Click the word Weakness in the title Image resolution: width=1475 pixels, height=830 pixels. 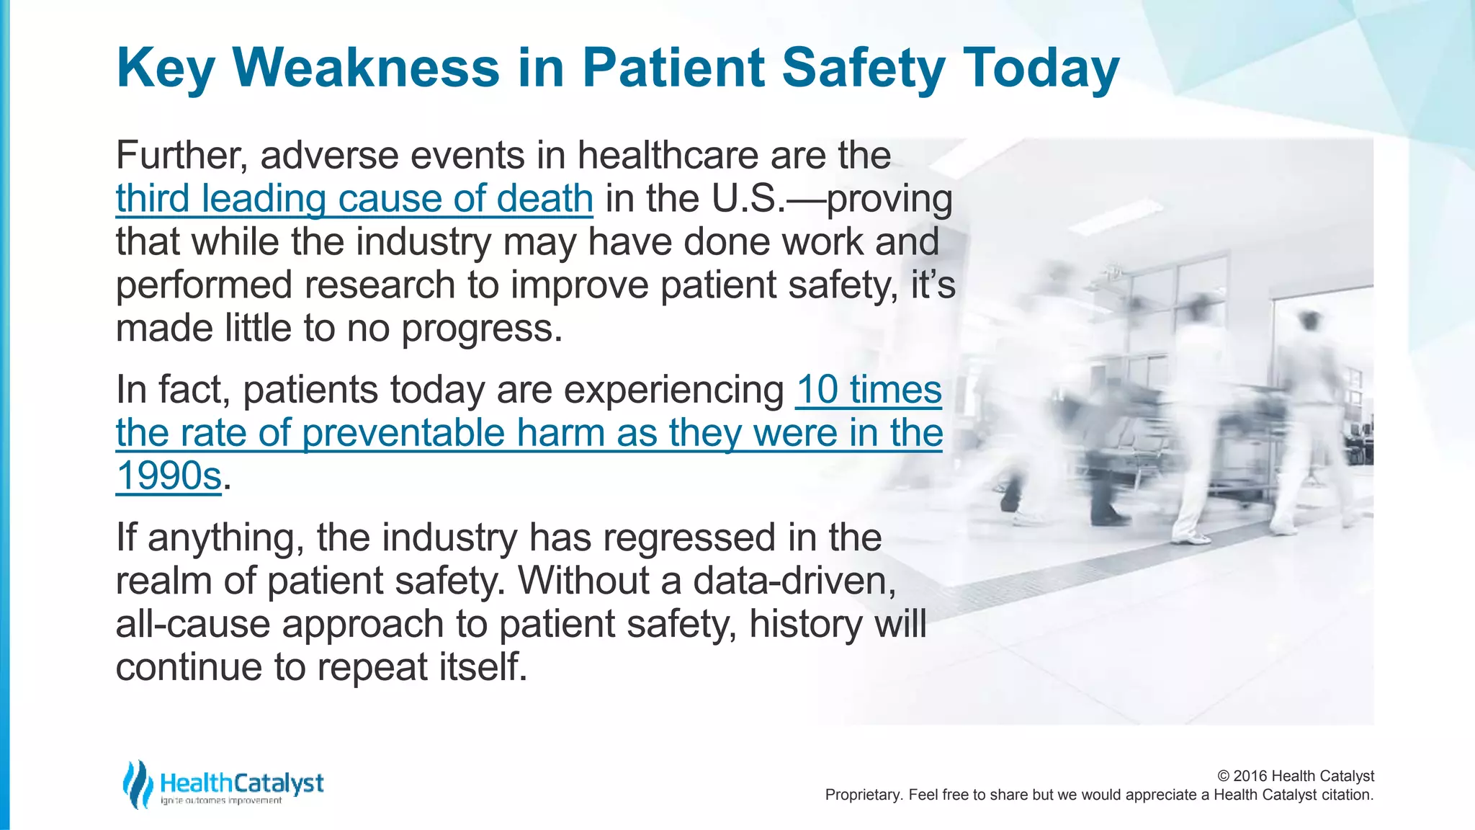point(366,68)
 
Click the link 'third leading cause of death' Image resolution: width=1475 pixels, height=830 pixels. point(354,198)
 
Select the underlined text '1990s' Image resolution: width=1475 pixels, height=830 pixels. point(169,476)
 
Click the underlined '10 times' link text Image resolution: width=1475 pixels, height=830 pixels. point(869,390)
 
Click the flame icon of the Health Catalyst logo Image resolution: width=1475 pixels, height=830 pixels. point(137,784)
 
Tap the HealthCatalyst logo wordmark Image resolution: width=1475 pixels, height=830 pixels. point(241,782)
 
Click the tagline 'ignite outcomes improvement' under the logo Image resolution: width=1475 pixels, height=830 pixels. point(220,801)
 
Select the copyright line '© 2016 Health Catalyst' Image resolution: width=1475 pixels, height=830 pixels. point(1295,776)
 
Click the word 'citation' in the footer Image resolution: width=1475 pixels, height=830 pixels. point(1346,795)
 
